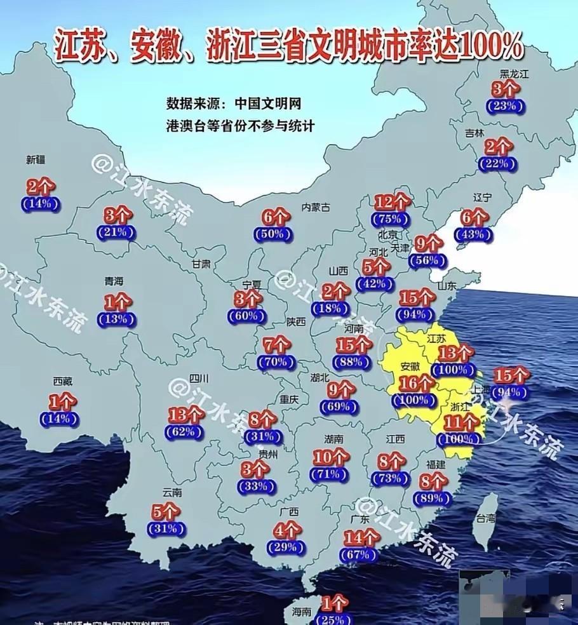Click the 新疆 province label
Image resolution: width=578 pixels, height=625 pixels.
click(x=36, y=160)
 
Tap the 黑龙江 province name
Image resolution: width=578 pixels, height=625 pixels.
click(x=514, y=74)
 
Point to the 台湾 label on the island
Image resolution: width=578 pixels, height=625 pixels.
click(x=487, y=518)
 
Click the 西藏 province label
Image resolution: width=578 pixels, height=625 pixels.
click(x=62, y=382)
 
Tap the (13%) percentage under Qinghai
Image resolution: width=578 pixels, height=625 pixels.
click(x=116, y=319)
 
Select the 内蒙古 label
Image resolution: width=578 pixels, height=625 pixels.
click(x=316, y=207)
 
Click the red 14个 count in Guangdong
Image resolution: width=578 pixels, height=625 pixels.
click(x=361, y=538)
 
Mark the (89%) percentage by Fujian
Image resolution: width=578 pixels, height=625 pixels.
click(x=433, y=498)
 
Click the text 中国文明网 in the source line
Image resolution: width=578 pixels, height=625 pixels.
click(x=268, y=104)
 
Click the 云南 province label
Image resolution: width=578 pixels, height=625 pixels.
click(x=172, y=492)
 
